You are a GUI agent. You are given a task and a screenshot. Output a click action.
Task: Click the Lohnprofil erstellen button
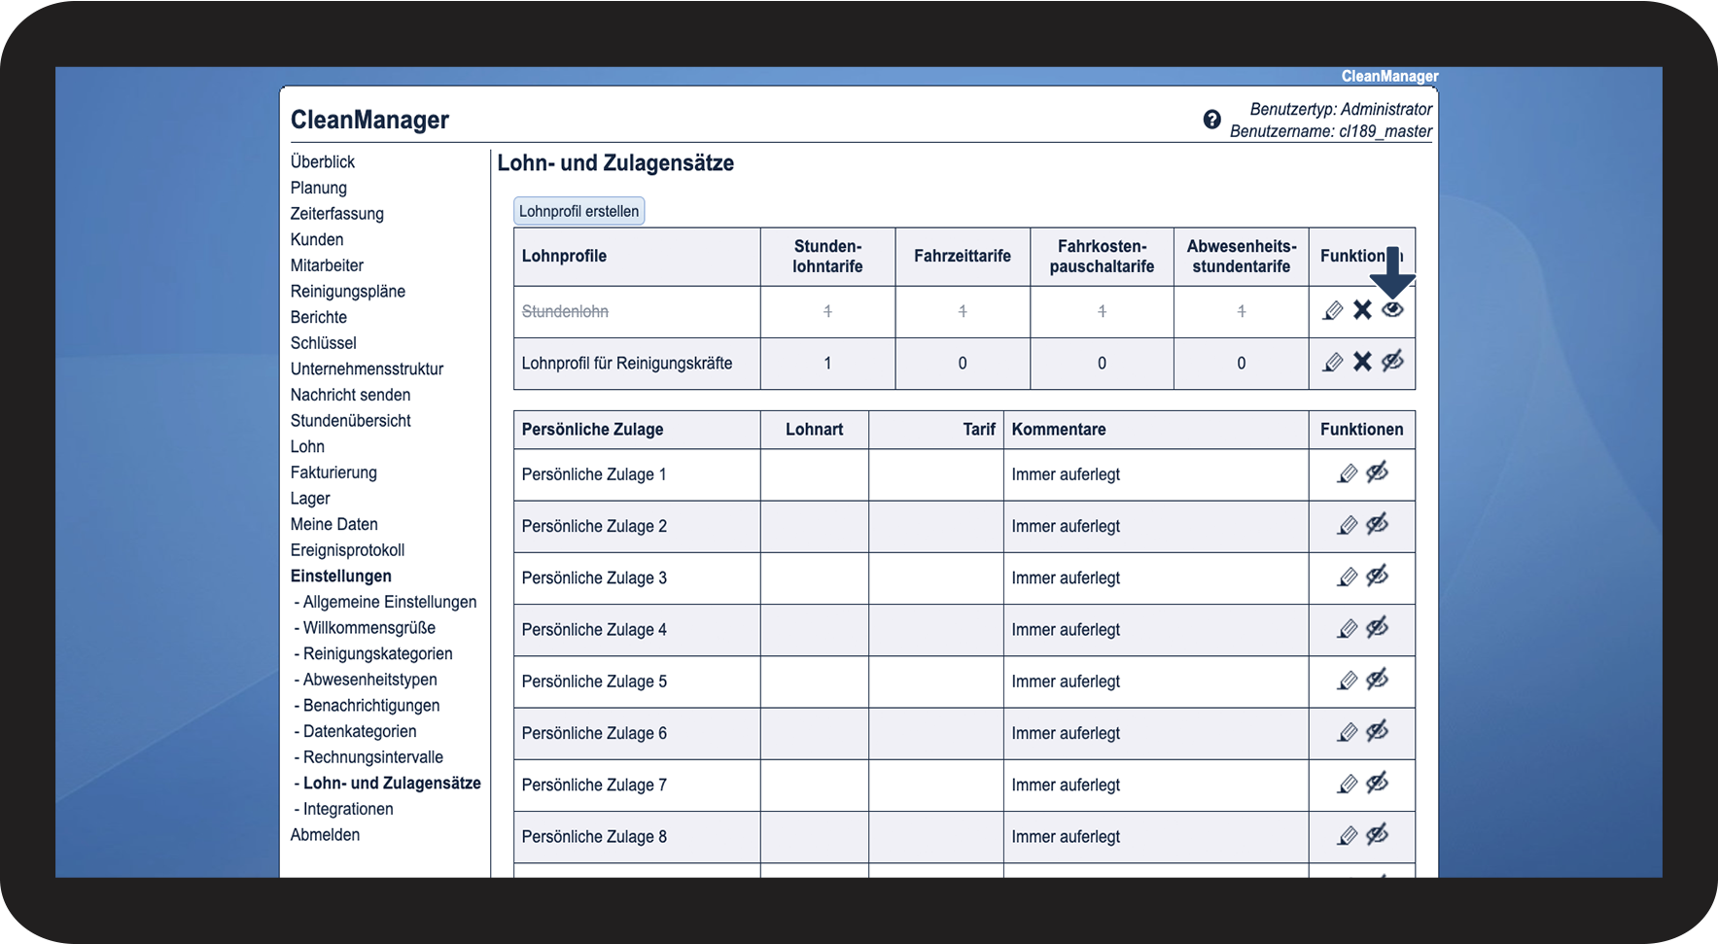579,211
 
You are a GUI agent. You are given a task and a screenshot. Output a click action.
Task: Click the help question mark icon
1211,120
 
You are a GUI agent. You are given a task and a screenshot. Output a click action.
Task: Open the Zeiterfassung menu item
336,214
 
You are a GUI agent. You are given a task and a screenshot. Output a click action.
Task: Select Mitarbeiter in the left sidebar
327,265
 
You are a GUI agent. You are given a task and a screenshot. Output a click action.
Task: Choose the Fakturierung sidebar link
333,472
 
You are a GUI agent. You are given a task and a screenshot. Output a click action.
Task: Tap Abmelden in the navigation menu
325,835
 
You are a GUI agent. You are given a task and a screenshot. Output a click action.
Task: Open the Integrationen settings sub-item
348,809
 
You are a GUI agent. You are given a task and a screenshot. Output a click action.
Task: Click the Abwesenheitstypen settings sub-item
369,680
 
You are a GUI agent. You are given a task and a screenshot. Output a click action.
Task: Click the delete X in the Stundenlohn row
1362,310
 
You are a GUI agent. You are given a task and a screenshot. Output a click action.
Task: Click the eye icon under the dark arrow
1392,309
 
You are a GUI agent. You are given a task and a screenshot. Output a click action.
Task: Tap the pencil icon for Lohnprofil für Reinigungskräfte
1333,363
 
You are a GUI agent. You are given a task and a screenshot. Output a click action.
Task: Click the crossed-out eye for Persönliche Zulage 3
1377,577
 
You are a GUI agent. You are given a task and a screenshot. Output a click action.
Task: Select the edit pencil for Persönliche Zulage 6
1347,732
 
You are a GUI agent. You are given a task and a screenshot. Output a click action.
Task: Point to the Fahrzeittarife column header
962,256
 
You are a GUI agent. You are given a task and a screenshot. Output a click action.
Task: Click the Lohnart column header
814,430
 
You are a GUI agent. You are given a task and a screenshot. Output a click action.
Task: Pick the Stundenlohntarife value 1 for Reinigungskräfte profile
827,364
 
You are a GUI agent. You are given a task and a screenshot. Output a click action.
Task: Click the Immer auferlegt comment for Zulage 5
1066,682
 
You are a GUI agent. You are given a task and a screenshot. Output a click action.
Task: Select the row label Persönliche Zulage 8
594,837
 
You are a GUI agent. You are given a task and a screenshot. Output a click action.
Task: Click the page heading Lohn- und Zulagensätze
615,163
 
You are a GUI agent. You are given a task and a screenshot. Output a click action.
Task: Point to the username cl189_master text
1385,131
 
